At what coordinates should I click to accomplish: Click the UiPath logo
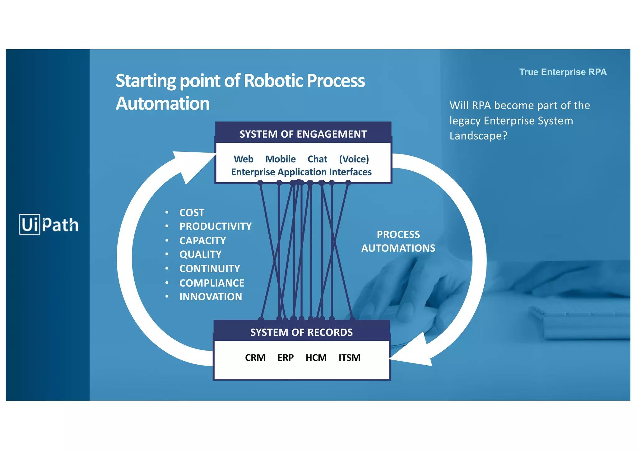point(49,224)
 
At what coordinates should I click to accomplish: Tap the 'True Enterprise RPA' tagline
point(563,72)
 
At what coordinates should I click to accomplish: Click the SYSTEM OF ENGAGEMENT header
point(303,134)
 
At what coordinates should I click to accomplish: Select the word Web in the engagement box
point(243,159)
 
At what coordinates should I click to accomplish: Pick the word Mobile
point(280,159)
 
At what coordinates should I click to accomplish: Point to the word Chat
point(317,159)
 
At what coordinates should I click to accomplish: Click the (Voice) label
point(354,159)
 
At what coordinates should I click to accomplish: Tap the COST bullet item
point(192,213)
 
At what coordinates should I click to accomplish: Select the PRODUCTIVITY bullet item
point(215,226)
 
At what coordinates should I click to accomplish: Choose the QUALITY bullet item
point(200,254)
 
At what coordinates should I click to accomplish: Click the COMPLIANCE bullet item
point(212,283)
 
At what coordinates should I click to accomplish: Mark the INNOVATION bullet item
point(211,297)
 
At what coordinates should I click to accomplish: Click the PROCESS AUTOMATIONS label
point(398,241)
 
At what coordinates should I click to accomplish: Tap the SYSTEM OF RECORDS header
point(301,332)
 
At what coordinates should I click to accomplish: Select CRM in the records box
point(255,358)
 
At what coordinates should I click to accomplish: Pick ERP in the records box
point(285,358)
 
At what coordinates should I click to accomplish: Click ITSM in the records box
point(349,358)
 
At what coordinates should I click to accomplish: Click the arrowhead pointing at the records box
point(414,354)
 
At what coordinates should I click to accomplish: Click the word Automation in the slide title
point(162,103)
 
